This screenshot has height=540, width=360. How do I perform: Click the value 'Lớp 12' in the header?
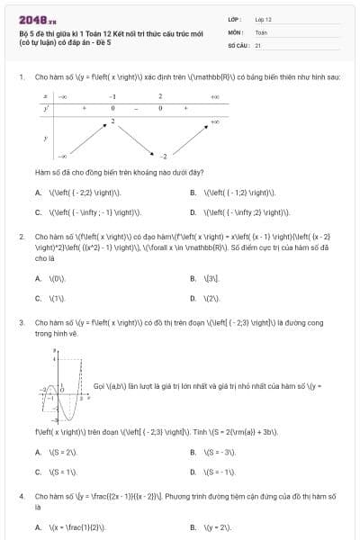pyautogui.click(x=263, y=18)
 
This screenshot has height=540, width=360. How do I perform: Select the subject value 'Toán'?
pyautogui.click(x=261, y=31)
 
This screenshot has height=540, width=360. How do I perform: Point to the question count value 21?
pyautogui.click(x=258, y=44)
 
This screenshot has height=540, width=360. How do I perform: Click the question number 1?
pyautogui.click(x=21, y=76)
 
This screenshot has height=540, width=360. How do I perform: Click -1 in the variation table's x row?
pyautogui.click(x=112, y=95)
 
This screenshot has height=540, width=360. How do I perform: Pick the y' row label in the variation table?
pyautogui.click(x=46, y=107)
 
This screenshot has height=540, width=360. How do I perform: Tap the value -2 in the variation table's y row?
pyautogui.click(x=165, y=156)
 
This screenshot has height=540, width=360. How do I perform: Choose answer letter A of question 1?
pyautogui.click(x=38, y=193)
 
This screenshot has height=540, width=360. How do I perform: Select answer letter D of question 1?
pyautogui.click(x=193, y=213)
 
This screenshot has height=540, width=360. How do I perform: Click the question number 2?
pyautogui.click(x=21, y=237)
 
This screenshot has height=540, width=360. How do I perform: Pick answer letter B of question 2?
pyautogui.click(x=193, y=278)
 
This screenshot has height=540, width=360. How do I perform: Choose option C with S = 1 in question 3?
pyautogui.click(x=38, y=471)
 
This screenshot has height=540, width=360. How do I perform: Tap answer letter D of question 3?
pyautogui.click(x=193, y=471)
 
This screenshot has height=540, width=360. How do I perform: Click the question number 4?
pyautogui.click(x=21, y=495)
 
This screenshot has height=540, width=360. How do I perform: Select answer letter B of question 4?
pyautogui.click(x=193, y=526)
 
